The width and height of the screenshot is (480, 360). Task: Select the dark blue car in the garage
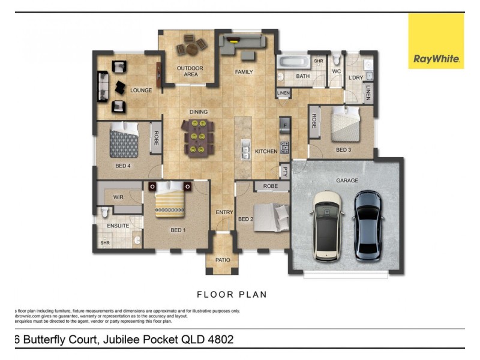(367, 225)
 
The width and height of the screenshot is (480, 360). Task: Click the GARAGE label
(347, 180)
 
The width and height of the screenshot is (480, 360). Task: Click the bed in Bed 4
(125, 141)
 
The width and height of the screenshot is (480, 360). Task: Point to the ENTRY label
(224, 212)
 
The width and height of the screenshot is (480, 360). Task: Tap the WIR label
(118, 197)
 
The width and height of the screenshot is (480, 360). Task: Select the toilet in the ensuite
(104, 212)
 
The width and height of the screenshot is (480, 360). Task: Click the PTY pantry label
(285, 171)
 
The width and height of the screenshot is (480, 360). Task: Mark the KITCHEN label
(266, 152)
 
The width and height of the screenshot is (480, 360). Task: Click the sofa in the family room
(242, 44)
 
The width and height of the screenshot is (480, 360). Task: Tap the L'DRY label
(355, 79)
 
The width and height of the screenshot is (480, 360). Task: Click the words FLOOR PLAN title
(232, 295)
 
